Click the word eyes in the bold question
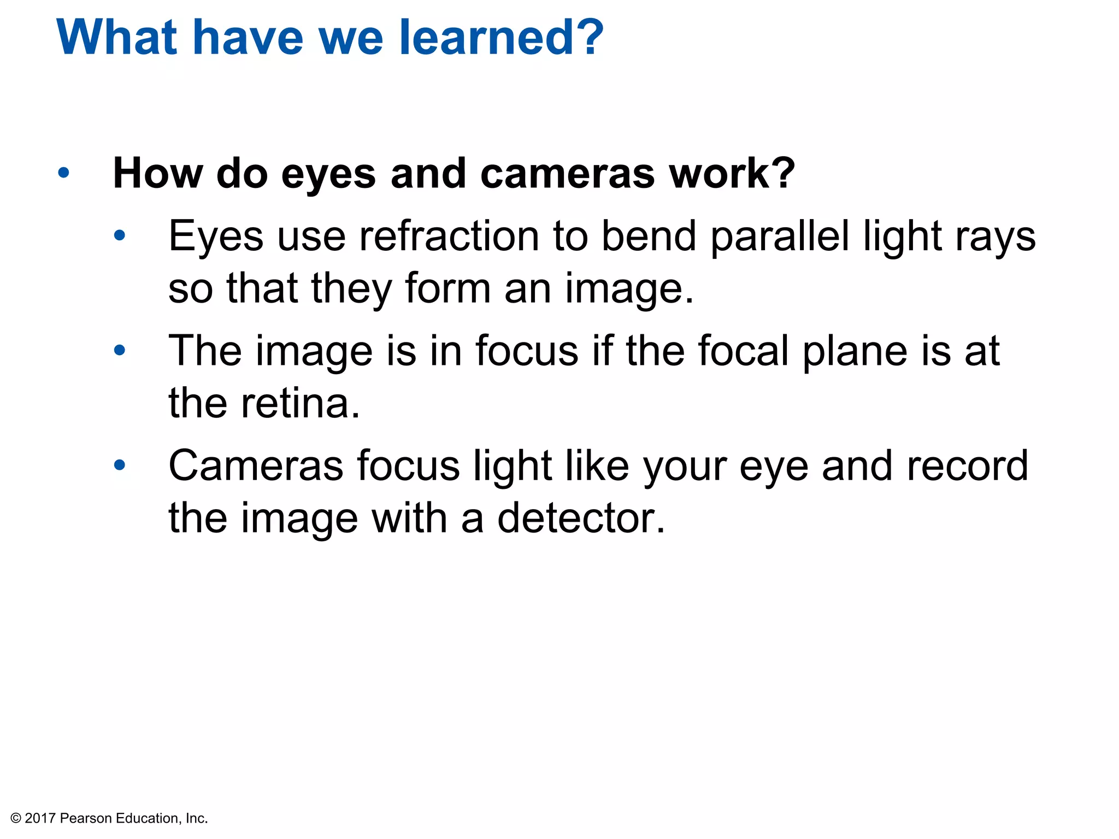[x=328, y=174]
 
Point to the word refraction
[x=449, y=236]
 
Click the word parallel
[x=780, y=236]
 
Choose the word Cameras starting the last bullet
[x=256, y=465]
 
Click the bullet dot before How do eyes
[x=63, y=173]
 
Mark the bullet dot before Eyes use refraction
[x=120, y=236]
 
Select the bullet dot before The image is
[x=120, y=350]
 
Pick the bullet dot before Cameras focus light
[x=120, y=465]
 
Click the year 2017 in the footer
[x=40, y=818]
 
